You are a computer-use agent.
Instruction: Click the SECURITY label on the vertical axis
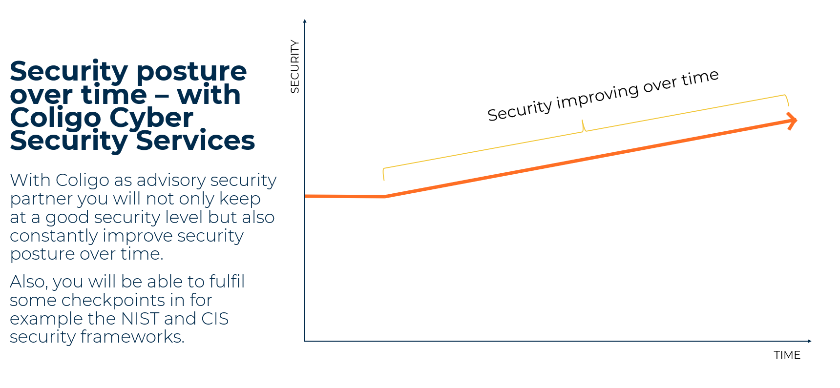[x=294, y=66]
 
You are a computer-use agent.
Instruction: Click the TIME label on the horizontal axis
[x=787, y=355]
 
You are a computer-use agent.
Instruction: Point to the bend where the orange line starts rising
[x=385, y=197]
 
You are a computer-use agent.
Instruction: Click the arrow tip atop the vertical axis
[x=305, y=20]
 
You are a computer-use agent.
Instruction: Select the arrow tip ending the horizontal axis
[x=810, y=341]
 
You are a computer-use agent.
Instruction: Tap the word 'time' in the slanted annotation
[x=700, y=78]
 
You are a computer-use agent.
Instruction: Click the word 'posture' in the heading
[x=191, y=71]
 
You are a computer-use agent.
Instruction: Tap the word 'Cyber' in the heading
[x=151, y=118]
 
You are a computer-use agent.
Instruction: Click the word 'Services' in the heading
[x=195, y=141]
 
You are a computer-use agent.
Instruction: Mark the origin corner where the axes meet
[x=305, y=341]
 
